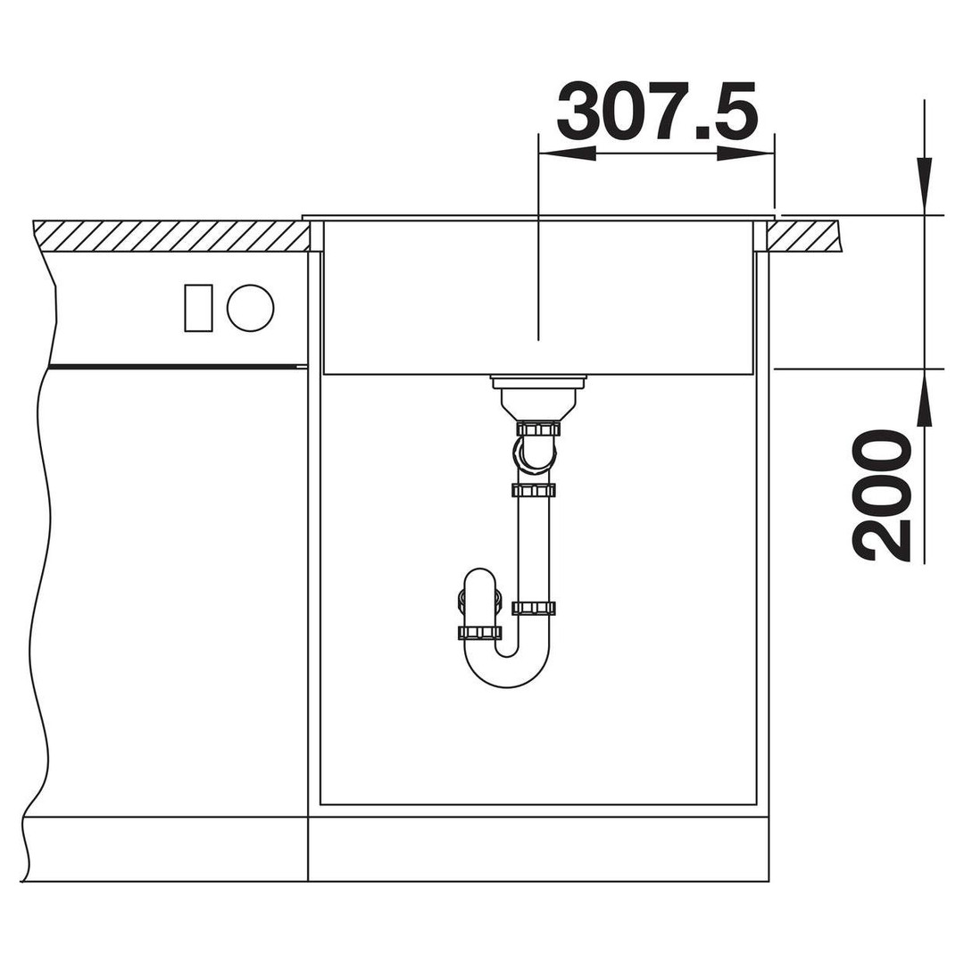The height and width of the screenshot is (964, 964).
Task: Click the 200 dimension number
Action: click(x=880, y=495)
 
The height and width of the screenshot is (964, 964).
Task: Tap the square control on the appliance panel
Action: click(x=198, y=308)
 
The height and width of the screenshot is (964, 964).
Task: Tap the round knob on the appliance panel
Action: click(x=250, y=308)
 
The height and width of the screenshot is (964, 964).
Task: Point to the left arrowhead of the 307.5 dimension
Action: click(x=567, y=154)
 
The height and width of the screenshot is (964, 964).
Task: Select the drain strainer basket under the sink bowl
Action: click(x=538, y=397)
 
